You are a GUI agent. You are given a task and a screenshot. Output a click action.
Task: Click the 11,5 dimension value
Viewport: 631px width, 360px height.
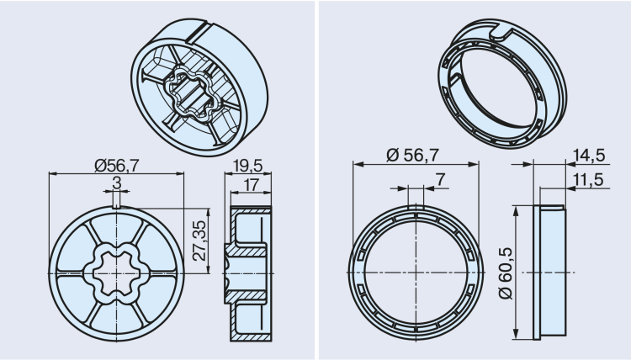[586, 181]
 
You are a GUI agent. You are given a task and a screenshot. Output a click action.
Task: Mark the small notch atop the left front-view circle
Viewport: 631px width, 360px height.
[115, 203]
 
